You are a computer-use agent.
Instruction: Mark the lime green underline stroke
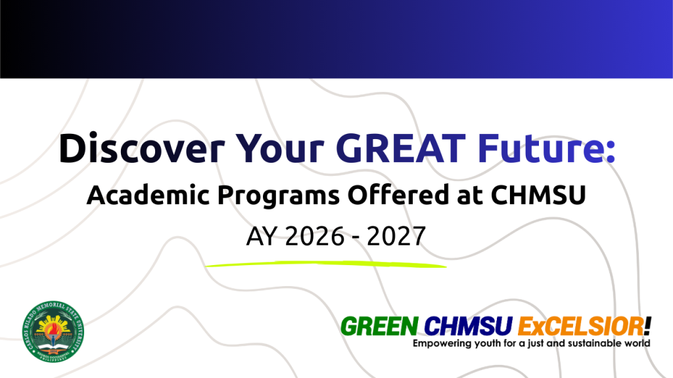click(325, 264)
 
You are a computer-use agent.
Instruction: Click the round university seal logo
click(53, 333)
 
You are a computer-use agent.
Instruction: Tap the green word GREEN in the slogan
click(379, 325)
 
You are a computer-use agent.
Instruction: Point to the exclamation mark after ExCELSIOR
click(648, 324)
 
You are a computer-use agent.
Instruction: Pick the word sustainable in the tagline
click(592, 343)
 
